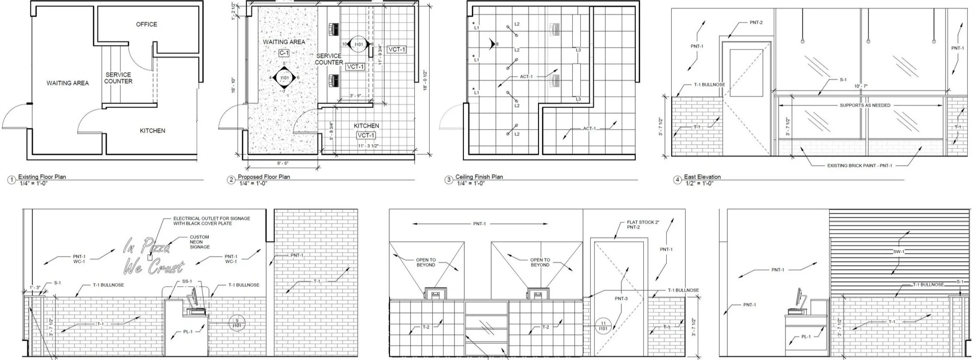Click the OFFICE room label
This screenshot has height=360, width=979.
pyautogui.click(x=147, y=24)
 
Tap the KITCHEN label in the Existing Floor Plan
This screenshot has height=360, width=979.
pyautogui.click(x=153, y=131)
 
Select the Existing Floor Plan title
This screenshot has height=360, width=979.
pyautogui.click(x=42, y=177)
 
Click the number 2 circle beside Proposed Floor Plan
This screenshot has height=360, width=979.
pyautogui.click(x=231, y=180)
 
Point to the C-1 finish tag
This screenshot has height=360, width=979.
pyautogui.click(x=284, y=53)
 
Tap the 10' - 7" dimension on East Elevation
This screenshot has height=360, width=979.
pyautogui.click(x=860, y=86)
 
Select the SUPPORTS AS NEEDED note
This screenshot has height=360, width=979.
pyautogui.click(x=865, y=105)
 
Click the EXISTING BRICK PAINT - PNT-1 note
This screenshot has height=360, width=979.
pyautogui.click(x=859, y=166)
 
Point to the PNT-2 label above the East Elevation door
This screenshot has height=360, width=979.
pyautogui.click(x=756, y=22)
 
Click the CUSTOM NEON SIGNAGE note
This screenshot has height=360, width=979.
pyautogui.click(x=199, y=242)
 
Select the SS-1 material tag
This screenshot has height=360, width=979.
pyautogui.click(x=187, y=281)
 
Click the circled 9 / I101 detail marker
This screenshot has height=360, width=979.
pyautogui.click(x=237, y=324)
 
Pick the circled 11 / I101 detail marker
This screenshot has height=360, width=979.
pyautogui.click(x=603, y=326)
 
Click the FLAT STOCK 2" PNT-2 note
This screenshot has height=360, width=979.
pyautogui.click(x=643, y=225)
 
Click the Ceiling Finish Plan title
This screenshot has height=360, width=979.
pyautogui.click(x=479, y=177)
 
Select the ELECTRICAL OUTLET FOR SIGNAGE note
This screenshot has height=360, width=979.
pyautogui.click(x=211, y=221)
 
